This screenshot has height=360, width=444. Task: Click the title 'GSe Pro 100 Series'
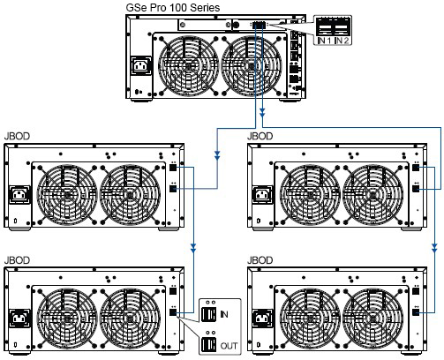[x=173, y=7]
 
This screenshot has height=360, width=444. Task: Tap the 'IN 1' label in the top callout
[x=325, y=41]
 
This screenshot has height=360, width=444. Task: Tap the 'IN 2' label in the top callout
[x=342, y=41]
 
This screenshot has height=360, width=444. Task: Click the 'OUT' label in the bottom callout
[x=229, y=346]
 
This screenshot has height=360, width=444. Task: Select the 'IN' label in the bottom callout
[x=224, y=314]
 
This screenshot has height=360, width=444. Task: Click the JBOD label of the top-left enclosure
[x=17, y=136]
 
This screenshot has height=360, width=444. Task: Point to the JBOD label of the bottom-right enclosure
[x=260, y=260]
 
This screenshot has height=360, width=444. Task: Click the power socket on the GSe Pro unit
[x=141, y=66]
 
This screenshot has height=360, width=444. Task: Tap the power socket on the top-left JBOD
[x=19, y=194]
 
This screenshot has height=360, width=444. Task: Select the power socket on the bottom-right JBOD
[x=262, y=319]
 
